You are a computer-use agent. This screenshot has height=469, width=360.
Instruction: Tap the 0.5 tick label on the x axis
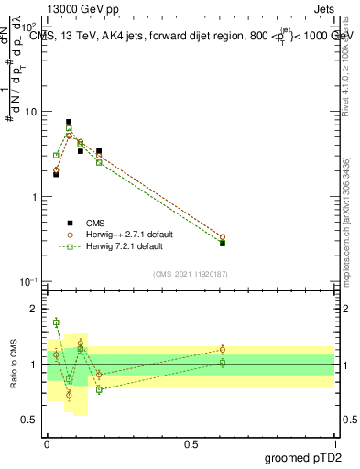(x=191, y=443)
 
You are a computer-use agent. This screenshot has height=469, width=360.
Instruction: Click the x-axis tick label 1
(x=334, y=443)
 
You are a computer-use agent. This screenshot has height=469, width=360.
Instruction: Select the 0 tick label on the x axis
(x=47, y=443)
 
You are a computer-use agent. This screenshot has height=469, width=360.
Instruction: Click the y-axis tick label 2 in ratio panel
(x=34, y=309)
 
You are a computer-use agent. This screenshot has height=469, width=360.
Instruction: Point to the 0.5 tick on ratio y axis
(x=31, y=420)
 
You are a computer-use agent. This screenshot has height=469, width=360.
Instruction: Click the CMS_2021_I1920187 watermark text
(x=191, y=273)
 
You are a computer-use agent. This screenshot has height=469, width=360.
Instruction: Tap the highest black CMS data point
(x=69, y=122)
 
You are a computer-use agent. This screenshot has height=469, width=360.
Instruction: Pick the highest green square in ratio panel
(x=56, y=322)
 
